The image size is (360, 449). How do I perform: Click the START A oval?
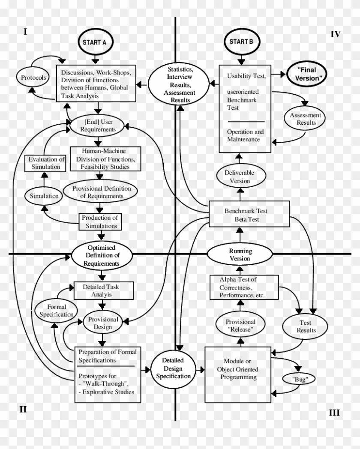(95, 42)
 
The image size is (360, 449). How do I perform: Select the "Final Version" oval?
(306, 74)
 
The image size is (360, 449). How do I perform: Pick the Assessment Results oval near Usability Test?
(305, 119)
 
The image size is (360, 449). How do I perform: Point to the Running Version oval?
(240, 254)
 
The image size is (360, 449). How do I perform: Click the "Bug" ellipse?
(299, 379)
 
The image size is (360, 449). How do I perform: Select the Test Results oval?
(306, 326)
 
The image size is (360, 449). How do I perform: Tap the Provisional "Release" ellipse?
(240, 326)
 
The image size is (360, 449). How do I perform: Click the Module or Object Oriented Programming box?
(238, 374)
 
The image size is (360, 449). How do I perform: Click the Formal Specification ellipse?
(57, 311)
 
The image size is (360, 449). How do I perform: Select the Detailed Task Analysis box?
(103, 290)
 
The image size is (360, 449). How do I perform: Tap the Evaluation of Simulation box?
(45, 163)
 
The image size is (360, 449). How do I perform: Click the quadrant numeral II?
(23, 409)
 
